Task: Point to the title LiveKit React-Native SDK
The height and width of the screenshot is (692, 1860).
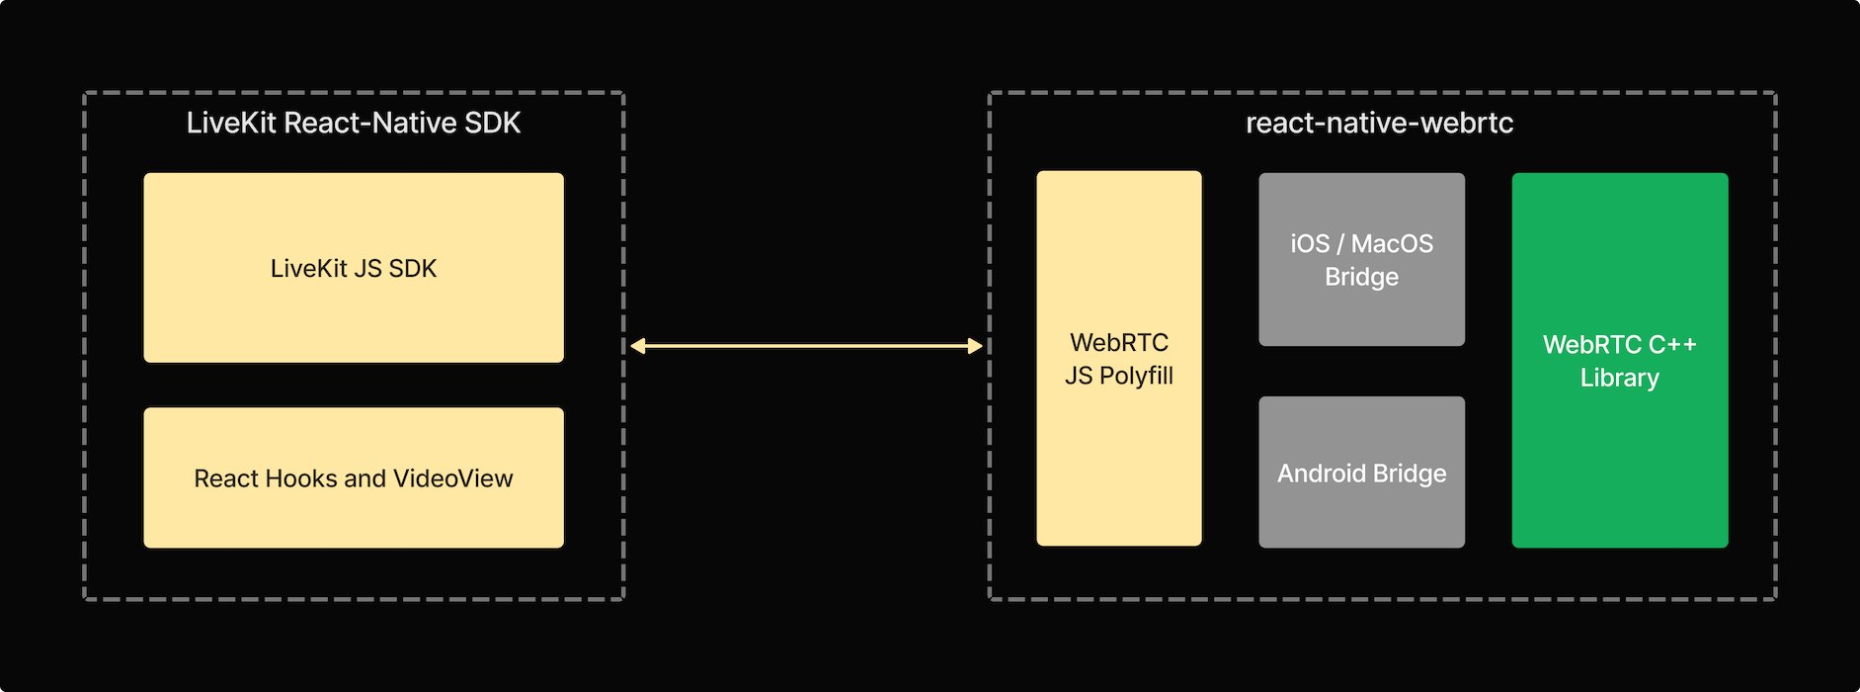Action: pos(354,123)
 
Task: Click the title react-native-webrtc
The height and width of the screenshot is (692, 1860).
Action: pos(1379,123)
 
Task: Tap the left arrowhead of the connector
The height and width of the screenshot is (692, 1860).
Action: pos(638,346)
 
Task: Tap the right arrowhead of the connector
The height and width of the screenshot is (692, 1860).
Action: pos(975,346)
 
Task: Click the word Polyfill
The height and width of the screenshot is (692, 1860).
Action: pos(1136,376)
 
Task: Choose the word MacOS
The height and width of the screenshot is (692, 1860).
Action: pos(1392,243)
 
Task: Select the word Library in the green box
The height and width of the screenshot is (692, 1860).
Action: pos(1620,378)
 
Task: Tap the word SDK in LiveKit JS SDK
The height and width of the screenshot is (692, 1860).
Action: pos(412,269)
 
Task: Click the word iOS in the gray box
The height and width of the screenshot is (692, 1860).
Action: pos(1310,243)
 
